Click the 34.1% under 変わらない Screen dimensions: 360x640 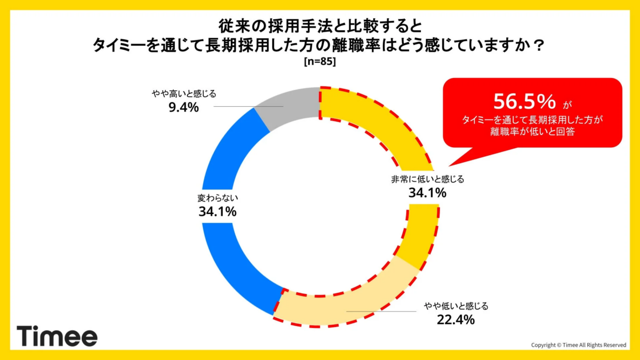point(217,212)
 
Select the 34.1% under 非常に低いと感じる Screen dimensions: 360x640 point(427,193)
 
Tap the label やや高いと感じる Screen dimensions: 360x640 point(183,94)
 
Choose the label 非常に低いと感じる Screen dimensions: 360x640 point(427,179)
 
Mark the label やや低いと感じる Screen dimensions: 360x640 point(455,306)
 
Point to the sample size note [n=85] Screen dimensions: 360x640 point(319,61)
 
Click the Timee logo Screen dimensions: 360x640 point(57,337)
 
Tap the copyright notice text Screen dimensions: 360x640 point(579,345)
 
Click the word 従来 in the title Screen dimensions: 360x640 point(231,25)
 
